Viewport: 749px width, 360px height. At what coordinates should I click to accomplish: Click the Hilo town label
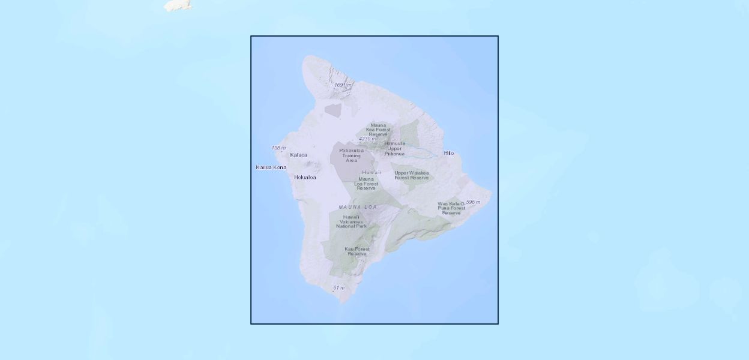449,153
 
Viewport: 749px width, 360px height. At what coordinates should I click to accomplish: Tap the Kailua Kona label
271,167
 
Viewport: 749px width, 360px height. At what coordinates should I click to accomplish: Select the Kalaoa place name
298,155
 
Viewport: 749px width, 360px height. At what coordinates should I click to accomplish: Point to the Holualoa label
305,177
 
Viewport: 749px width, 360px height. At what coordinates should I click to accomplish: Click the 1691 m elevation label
343,85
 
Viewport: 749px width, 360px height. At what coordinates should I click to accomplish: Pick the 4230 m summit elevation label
367,139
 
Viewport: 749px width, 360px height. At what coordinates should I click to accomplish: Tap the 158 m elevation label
278,148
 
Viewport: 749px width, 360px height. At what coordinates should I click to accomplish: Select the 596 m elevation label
473,202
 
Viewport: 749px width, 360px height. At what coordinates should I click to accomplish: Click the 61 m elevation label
338,288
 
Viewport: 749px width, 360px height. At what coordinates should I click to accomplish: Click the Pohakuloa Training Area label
351,155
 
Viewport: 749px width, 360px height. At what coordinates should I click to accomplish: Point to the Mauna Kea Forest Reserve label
378,130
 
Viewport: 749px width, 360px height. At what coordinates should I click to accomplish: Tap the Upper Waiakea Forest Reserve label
412,175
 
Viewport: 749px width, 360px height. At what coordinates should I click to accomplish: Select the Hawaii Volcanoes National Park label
351,221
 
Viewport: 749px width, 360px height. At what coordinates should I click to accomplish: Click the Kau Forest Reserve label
357,251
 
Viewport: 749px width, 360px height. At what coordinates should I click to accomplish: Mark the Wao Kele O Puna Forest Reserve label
451,208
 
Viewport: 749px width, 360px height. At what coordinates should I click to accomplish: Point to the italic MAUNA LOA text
358,207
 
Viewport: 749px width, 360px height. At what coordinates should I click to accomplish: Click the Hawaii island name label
371,172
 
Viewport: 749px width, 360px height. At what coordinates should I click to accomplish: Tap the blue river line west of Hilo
423,151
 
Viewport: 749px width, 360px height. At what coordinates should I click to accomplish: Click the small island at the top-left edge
178,5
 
